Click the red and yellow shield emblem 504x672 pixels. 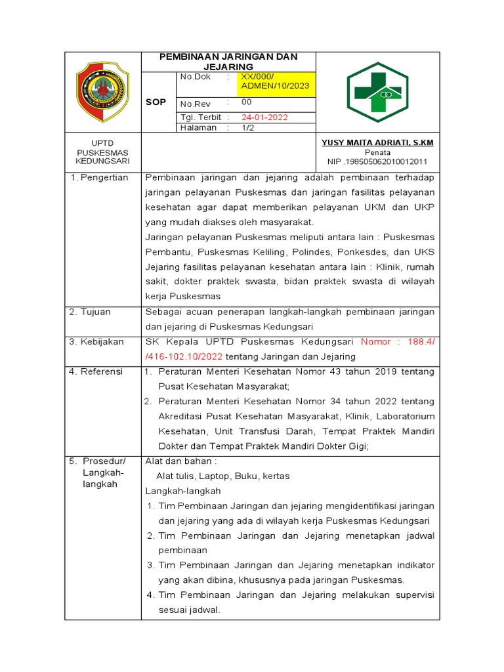102,92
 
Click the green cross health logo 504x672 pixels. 377,93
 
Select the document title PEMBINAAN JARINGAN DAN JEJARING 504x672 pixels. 228,62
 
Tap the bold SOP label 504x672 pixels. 156,102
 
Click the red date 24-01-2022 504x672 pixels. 265,117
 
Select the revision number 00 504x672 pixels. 247,102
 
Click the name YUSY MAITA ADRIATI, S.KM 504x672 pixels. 377,142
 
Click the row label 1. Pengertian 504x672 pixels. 99,178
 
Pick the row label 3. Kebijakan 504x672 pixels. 96,342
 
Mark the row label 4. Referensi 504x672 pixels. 96,371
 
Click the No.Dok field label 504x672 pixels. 195,77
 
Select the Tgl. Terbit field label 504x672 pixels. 200,117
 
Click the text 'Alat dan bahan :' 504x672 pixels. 180,461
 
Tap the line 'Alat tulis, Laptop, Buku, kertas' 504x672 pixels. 223,476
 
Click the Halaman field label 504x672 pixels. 199,128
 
